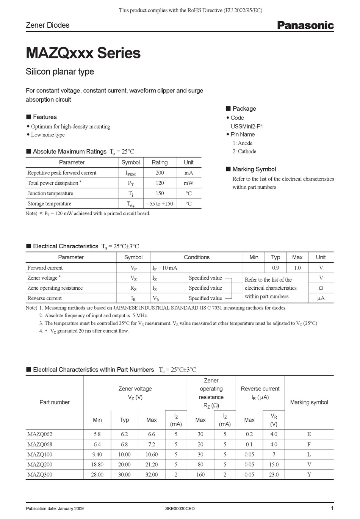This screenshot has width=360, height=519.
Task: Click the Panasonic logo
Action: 305,25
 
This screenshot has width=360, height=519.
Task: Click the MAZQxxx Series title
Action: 83,53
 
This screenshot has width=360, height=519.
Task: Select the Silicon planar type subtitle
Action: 59,72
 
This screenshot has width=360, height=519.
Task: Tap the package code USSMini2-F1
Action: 247,126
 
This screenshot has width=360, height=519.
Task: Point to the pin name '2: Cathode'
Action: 244,151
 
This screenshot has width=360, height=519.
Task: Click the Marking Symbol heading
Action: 254,169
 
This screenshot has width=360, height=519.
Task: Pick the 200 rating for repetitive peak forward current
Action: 160,172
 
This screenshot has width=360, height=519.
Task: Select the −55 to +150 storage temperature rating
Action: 160,204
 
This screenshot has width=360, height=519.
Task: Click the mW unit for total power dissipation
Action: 188,183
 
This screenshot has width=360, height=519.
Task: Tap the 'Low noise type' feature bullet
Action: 48,135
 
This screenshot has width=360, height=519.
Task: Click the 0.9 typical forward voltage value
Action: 275,268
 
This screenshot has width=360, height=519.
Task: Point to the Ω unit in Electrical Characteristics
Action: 321,288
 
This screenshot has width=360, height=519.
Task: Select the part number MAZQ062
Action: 40,434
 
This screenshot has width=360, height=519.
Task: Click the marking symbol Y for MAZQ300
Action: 309,475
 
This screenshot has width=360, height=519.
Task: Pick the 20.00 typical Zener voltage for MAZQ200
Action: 124,464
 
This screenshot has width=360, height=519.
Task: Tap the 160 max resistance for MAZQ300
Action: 200,475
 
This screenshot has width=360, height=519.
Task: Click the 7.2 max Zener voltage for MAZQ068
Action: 151,444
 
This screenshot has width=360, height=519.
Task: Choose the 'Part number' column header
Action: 55,402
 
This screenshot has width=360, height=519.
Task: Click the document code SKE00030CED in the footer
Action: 180,509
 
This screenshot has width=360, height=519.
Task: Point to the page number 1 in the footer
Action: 332,508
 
